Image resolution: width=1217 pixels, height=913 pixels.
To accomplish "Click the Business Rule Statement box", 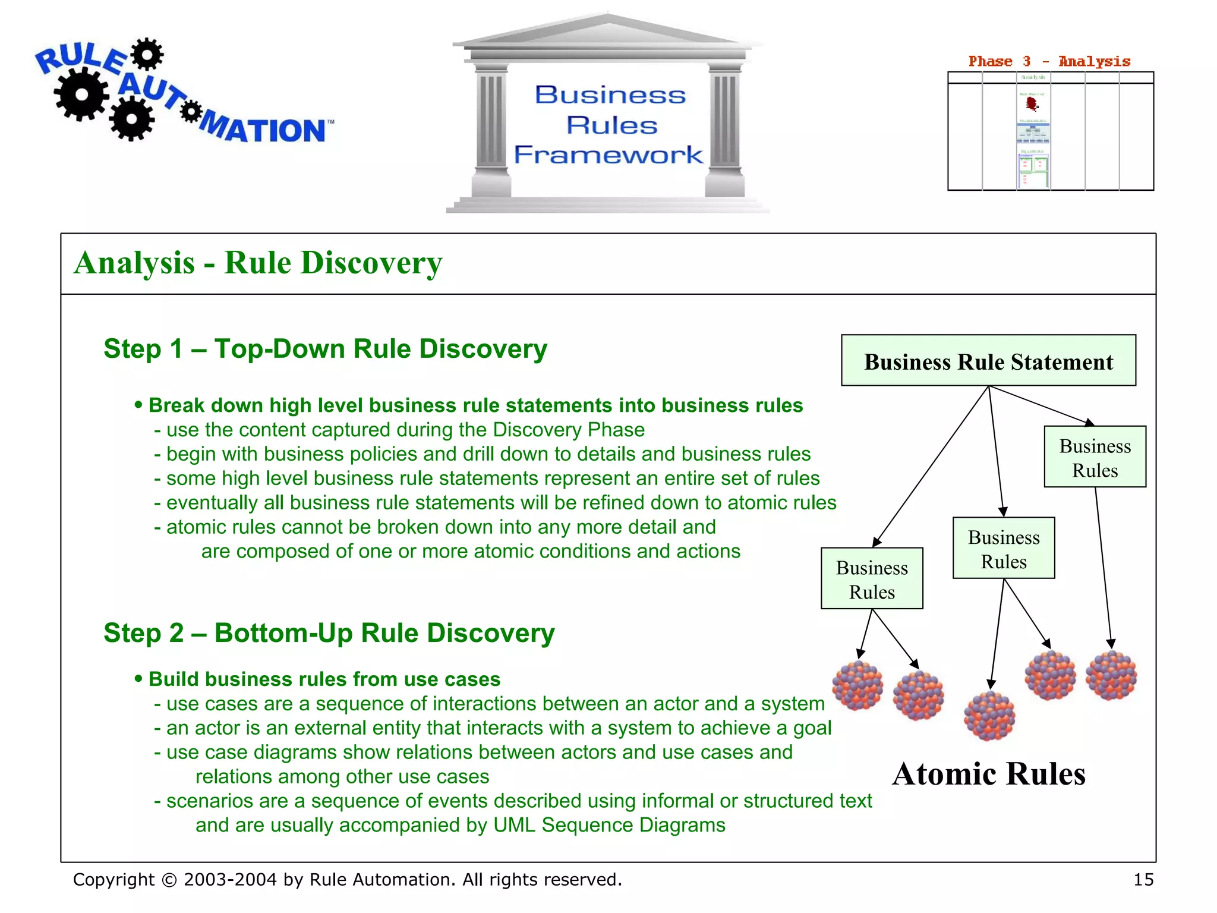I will (x=988, y=361).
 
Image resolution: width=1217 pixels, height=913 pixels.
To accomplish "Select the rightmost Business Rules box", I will (x=1095, y=457).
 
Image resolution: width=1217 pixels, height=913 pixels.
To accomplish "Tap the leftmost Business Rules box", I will (x=872, y=579).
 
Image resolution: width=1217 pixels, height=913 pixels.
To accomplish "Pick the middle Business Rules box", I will (x=1004, y=548).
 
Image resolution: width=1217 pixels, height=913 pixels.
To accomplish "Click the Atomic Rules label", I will (x=989, y=774).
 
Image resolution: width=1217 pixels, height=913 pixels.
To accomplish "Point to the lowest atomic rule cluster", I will (x=989, y=716).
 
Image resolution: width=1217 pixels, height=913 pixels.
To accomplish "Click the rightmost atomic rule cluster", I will (x=1111, y=675).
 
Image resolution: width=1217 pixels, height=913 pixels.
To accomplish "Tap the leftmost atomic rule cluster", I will (x=857, y=685).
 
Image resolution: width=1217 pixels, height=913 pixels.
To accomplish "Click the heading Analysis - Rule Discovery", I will (x=258, y=263).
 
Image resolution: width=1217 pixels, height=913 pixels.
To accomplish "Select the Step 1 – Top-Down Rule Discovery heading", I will (x=325, y=349).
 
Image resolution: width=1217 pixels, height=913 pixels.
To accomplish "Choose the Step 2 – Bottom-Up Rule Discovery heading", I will (x=329, y=633).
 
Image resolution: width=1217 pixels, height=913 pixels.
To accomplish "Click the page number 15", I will (x=1143, y=880).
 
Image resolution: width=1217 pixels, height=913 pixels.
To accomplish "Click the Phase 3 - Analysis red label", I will (x=1049, y=61).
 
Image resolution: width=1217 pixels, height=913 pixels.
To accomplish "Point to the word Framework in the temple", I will (x=608, y=155).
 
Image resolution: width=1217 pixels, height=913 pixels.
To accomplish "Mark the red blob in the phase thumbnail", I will (x=1032, y=104).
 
